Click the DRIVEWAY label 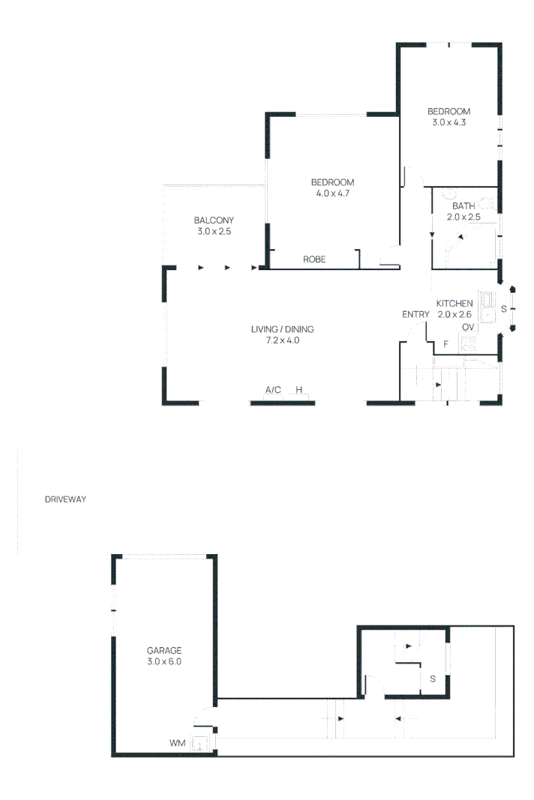coord(66,499)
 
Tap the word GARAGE coord(164,651)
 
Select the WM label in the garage coord(177,743)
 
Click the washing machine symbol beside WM coord(199,744)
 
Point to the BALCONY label coord(214,220)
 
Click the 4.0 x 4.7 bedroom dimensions coord(332,193)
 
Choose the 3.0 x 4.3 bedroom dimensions coord(449,122)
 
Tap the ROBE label coord(313,259)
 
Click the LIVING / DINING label coord(282,329)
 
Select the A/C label coord(273,390)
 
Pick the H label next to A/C coord(298,390)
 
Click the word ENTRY coord(415,314)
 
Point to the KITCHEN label coord(454,303)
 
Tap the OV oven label coord(468,328)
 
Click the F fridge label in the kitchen coord(445,344)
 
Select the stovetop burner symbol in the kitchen coord(469,344)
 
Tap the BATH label coord(463,206)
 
